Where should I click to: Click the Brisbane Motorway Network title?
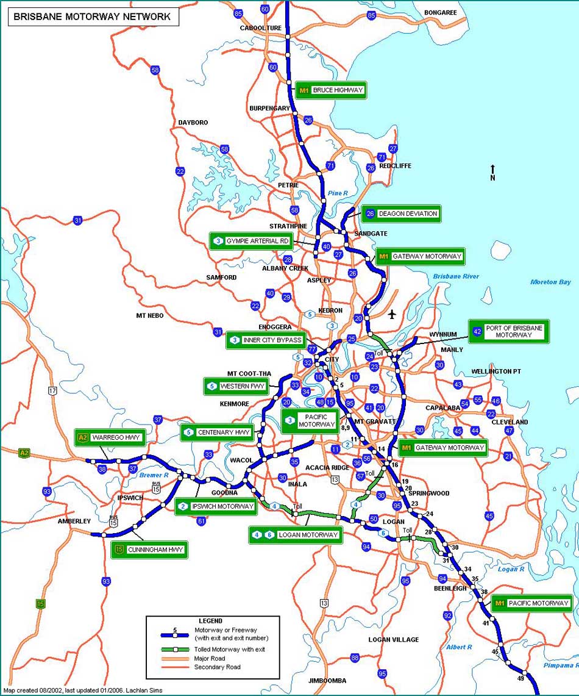[92, 17]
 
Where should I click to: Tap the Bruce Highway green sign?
[331, 90]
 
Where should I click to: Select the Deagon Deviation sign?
[401, 213]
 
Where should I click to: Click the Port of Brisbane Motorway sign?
[509, 331]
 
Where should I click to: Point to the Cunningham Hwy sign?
[149, 550]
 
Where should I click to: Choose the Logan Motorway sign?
[295, 535]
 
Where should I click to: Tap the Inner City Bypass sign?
[266, 340]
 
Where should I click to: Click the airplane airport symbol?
[391, 314]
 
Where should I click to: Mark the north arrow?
[492, 171]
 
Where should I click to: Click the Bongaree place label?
[441, 12]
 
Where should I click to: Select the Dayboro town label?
[193, 123]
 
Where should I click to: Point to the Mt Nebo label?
[149, 315]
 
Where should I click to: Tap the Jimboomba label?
[327, 680]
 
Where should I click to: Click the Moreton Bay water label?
[550, 282]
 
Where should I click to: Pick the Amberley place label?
[74, 521]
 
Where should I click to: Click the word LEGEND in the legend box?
[211, 621]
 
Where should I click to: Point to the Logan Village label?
[393, 639]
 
